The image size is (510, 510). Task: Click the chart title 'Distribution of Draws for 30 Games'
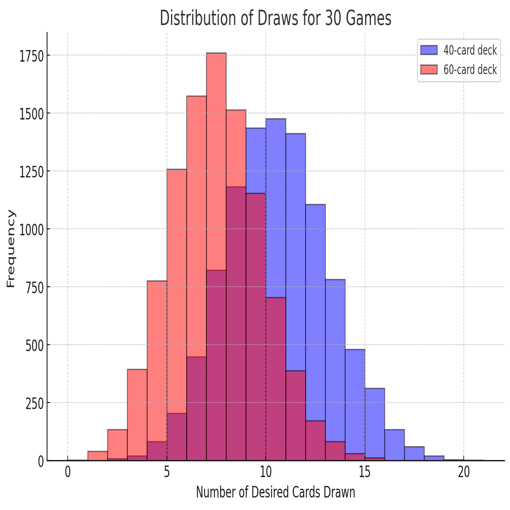tap(276, 18)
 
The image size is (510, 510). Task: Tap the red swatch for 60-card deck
tap(428, 69)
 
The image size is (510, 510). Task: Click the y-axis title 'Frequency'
tap(11, 249)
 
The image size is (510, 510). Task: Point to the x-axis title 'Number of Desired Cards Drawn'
tap(276, 492)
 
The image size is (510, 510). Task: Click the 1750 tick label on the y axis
tap(31, 56)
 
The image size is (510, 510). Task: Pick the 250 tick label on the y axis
tap(34, 403)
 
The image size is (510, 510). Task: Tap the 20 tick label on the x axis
tap(464, 472)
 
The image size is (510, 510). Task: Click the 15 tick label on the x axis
tap(365, 472)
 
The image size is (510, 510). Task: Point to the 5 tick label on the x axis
tap(167, 472)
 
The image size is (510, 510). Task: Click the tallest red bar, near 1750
tap(216, 162)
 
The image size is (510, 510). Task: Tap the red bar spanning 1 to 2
tap(97, 456)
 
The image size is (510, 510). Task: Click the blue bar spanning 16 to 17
tap(395, 445)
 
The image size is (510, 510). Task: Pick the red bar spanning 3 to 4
tap(137, 412)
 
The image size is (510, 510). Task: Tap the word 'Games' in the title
tap(370, 18)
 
